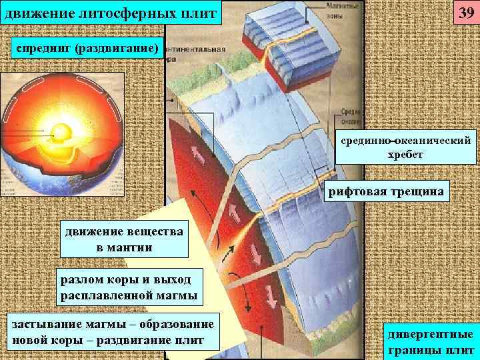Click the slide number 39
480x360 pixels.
tap(465, 13)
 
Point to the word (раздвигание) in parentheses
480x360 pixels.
tap(117, 48)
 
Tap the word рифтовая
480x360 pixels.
tap(359, 192)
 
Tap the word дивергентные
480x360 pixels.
tap(430, 334)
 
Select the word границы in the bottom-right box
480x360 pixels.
tap(413, 348)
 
